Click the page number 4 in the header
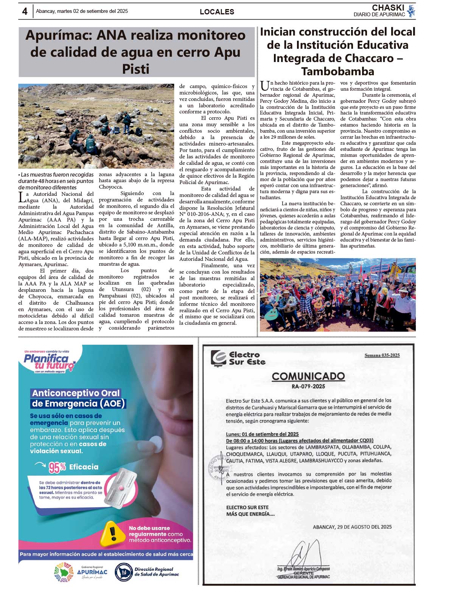tap(25, 11)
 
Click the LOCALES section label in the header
tap(217, 12)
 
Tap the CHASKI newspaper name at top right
tap(388, 8)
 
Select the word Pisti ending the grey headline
tap(136, 69)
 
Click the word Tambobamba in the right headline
tap(337, 71)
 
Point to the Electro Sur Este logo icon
tap(218, 358)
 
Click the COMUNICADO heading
tap(308, 376)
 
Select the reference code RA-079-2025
tap(308, 386)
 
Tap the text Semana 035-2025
tap(382, 355)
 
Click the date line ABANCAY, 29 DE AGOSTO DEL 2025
tap(352, 527)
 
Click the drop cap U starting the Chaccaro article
tap(265, 85)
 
